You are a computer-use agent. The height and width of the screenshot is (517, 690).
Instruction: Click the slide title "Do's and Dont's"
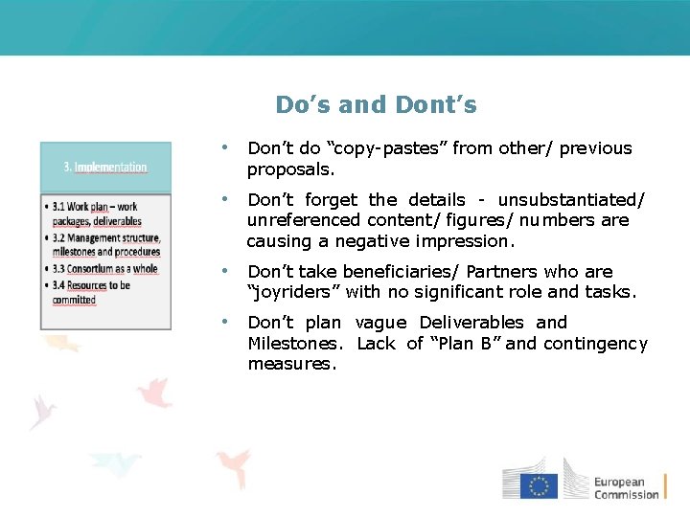coord(376,104)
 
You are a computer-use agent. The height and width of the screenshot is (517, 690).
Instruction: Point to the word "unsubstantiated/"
coord(572,200)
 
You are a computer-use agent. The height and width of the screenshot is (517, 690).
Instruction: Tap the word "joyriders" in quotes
coord(293,292)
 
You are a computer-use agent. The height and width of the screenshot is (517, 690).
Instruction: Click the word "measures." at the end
coord(291,364)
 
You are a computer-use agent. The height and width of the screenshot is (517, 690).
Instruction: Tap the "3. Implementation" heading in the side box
coord(105,167)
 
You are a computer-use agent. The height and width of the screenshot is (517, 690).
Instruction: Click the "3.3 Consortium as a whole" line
coord(105,269)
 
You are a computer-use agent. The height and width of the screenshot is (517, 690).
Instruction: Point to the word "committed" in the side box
coord(75,300)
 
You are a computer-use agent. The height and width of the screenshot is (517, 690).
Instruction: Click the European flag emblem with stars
coord(540,486)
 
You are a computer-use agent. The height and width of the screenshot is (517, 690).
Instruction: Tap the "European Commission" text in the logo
coord(626,488)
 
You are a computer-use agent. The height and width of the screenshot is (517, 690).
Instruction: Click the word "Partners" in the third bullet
coord(502,272)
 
